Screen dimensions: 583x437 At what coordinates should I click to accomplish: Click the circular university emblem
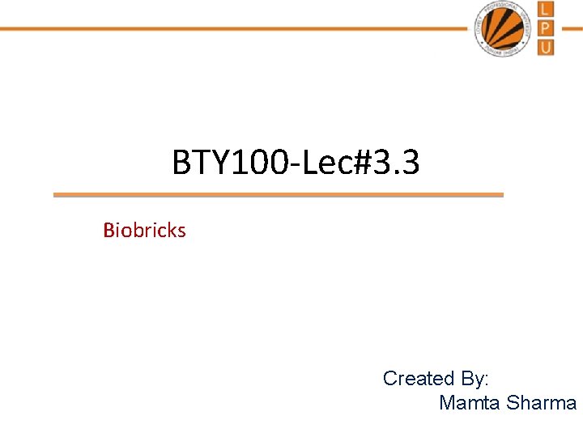pos(504,28)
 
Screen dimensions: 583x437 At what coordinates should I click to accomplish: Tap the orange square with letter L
pos(547,10)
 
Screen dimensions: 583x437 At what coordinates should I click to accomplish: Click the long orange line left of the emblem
pos(235,28)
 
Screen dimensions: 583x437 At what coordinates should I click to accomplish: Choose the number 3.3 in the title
pos(398,163)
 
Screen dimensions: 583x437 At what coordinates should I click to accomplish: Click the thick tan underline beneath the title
pos(278,195)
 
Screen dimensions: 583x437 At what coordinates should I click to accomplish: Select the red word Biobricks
pos(144,231)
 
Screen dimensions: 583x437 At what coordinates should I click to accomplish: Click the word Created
pos(419,378)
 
